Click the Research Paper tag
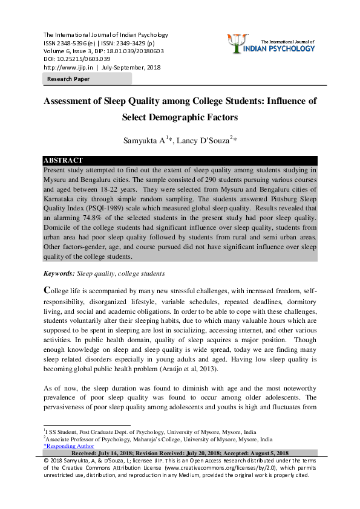click(68, 79)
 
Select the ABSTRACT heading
click(63, 161)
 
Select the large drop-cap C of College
click(48, 290)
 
